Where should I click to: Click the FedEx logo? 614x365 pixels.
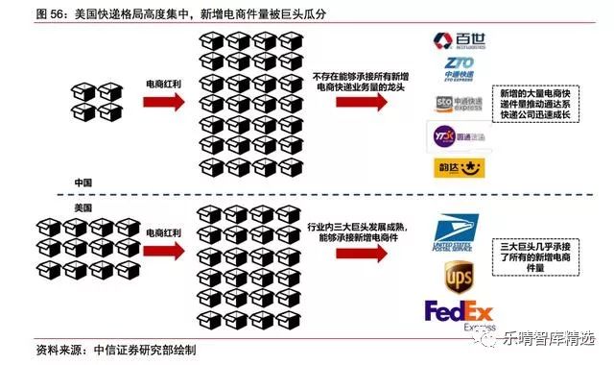coord(458,314)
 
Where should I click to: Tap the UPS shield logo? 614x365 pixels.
coord(458,278)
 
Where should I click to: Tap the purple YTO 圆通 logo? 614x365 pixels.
coord(457,135)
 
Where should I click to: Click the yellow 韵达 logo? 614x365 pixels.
coord(457,167)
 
